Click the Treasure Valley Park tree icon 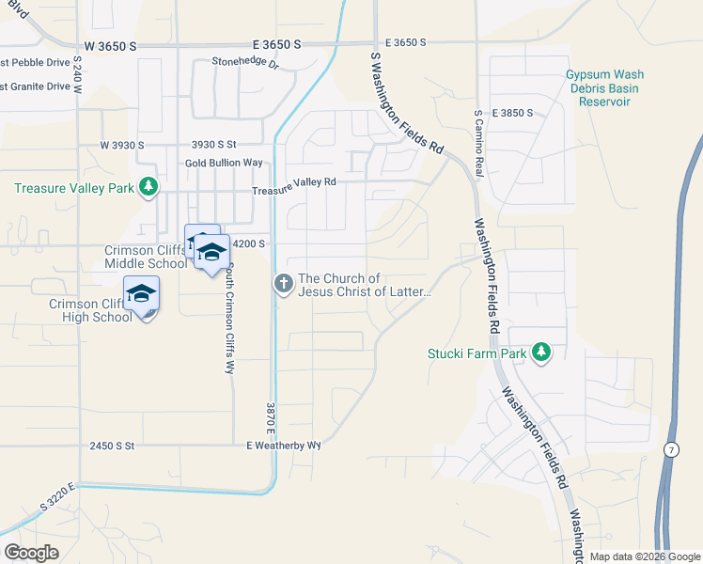pos(148,188)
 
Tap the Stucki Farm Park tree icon pos(540,352)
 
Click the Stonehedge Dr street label pos(246,64)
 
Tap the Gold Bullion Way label pos(224,163)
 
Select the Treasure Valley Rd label pos(293,181)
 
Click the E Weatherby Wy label pos(284,445)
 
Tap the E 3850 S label pos(511,113)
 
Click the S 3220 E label pos(57,497)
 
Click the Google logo pos(31,553)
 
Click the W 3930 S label pos(122,146)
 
